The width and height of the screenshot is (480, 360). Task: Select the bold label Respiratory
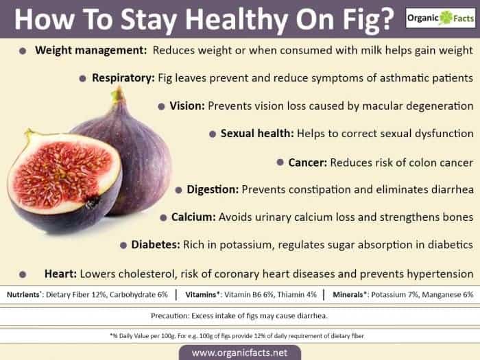click(x=123, y=78)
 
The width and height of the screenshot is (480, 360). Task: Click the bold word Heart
click(x=60, y=273)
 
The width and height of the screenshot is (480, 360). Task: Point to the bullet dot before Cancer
click(x=281, y=163)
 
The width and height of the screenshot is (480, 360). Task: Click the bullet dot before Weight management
click(x=23, y=51)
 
